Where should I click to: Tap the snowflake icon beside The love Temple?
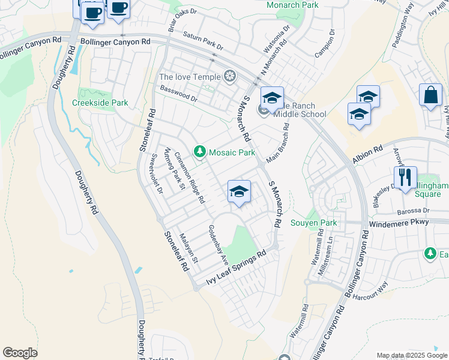(x=229, y=76)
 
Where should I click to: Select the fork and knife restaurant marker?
(x=405, y=178)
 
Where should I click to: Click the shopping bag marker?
(x=430, y=95)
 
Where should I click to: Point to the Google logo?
(x=20, y=353)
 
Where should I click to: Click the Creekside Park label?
(x=100, y=103)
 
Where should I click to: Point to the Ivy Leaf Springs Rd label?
(x=235, y=268)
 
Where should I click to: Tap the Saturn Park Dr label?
(x=203, y=41)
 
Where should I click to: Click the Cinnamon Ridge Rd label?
(x=190, y=178)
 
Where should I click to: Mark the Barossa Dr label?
(x=413, y=211)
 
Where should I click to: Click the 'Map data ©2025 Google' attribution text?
(x=411, y=355)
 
